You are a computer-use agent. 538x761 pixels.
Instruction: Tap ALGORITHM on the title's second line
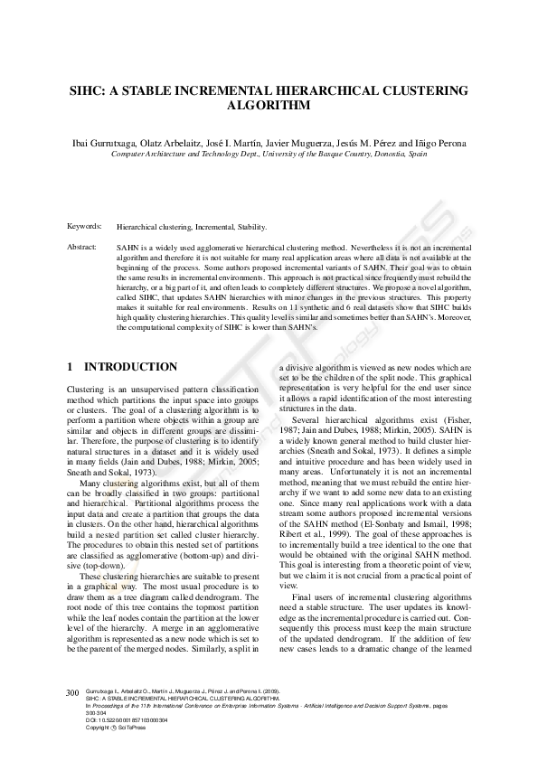pos(269,106)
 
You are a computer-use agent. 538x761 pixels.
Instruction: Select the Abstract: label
pos(83,246)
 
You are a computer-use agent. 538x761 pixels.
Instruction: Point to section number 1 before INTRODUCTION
pos(71,367)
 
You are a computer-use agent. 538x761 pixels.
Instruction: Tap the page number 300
pos(73,692)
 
